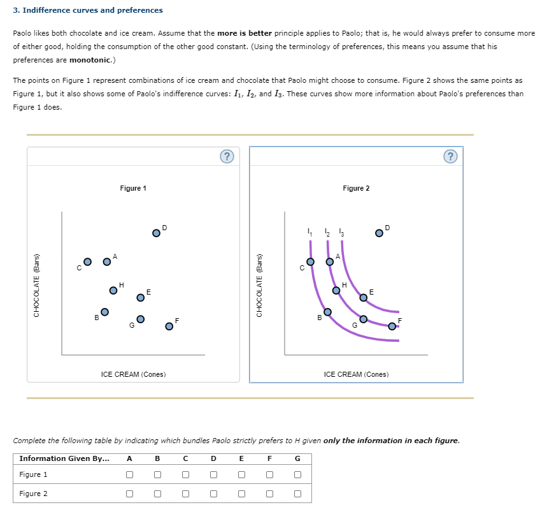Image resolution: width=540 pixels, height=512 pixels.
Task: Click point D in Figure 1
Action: point(156,233)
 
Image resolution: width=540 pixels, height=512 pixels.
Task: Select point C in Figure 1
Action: point(89,261)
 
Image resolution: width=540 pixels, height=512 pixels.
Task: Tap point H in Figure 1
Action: point(113,290)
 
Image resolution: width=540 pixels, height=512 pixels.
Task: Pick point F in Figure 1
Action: point(169,326)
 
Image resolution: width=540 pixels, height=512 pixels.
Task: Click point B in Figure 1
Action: point(104,312)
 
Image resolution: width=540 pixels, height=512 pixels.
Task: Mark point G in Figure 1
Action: point(140,319)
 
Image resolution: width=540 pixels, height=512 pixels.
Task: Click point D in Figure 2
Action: point(379,233)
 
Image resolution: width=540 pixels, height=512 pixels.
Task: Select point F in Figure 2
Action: point(392,326)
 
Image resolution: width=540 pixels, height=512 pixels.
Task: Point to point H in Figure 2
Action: point(336,290)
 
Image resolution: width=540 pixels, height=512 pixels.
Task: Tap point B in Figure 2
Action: point(327,312)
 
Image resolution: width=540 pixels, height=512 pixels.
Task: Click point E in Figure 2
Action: point(363,297)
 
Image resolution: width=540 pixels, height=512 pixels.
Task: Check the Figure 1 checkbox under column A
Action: point(130,474)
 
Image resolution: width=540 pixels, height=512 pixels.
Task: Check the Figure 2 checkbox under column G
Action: point(297,494)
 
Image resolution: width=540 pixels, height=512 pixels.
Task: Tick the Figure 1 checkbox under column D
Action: point(213,474)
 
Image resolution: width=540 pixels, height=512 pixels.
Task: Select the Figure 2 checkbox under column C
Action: point(185,494)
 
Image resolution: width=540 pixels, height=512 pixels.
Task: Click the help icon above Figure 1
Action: point(227,156)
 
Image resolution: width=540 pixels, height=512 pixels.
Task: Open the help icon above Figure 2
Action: point(450,156)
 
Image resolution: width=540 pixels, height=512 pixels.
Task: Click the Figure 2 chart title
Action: point(355,188)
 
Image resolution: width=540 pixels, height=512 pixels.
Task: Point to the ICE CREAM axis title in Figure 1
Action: point(133,374)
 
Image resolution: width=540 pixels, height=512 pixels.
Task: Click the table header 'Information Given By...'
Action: point(64,458)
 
